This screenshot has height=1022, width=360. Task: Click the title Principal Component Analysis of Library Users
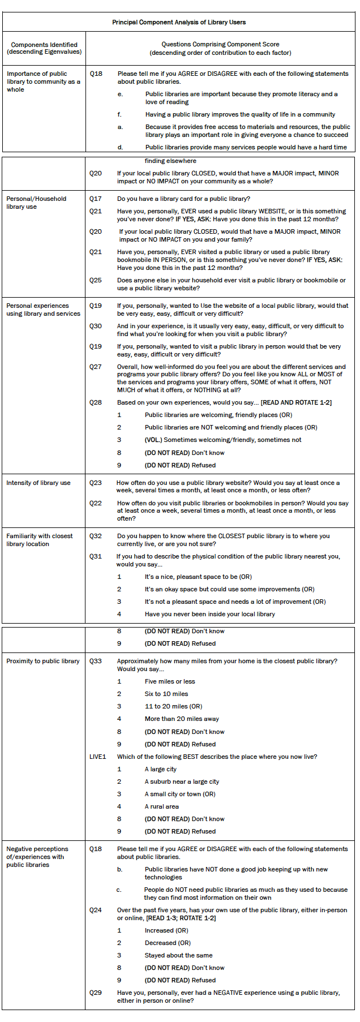coord(179,22)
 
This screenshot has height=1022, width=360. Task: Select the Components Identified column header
coord(44,48)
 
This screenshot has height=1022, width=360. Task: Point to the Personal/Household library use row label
coord(36,203)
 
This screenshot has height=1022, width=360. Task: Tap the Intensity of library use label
coord(38,483)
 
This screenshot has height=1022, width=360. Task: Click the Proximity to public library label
coord(43,661)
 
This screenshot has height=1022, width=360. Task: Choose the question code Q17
coord(96,199)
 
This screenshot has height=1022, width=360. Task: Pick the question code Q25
coord(96,280)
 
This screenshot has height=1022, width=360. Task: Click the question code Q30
coord(96,326)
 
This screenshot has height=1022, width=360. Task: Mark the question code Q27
coord(96,367)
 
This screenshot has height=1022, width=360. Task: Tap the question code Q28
coord(96,402)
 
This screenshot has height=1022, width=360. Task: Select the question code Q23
coord(96,483)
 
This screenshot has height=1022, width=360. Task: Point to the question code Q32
coord(96,536)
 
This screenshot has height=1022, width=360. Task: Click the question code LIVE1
coord(98,757)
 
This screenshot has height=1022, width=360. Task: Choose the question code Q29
coord(96,993)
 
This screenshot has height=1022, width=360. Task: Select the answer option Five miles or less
coord(170,681)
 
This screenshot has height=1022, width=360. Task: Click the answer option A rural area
coord(162,806)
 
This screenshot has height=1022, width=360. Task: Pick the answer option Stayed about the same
coord(179,955)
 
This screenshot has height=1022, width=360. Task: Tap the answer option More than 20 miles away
coord(182,719)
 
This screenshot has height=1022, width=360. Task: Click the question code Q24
coord(96,910)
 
